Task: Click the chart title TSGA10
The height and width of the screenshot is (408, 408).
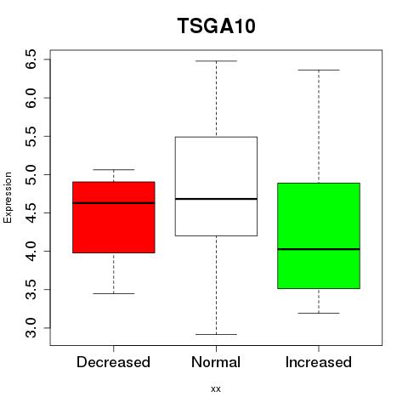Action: (x=217, y=25)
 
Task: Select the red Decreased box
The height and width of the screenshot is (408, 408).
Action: (x=114, y=218)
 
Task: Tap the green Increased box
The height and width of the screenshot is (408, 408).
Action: (x=319, y=235)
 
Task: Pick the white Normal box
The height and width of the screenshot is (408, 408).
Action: (x=216, y=186)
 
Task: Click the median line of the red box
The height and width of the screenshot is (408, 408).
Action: (x=114, y=203)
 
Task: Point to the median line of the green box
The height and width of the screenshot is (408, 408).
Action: (x=319, y=249)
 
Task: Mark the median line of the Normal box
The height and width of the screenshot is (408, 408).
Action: (x=216, y=199)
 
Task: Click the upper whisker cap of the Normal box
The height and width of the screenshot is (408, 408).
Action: (x=216, y=61)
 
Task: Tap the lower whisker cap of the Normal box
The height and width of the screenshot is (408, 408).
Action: (x=216, y=334)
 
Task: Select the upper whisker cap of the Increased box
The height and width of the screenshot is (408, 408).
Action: (x=319, y=70)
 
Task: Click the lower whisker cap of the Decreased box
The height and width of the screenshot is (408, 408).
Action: (x=114, y=293)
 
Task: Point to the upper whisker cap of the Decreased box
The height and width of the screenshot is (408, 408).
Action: (x=114, y=170)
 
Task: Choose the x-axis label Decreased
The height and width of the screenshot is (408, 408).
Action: (x=113, y=362)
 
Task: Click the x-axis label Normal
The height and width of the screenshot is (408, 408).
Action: (x=216, y=362)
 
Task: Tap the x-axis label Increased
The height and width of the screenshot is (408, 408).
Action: (x=319, y=362)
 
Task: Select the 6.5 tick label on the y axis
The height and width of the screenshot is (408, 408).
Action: (x=31, y=59)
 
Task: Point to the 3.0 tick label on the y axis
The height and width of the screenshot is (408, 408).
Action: (x=31, y=328)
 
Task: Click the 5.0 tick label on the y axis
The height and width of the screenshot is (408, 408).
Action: (x=31, y=174)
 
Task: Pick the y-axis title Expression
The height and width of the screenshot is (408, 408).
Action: (x=8, y=197)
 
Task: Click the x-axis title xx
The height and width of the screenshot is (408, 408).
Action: (x=216, y=389)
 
